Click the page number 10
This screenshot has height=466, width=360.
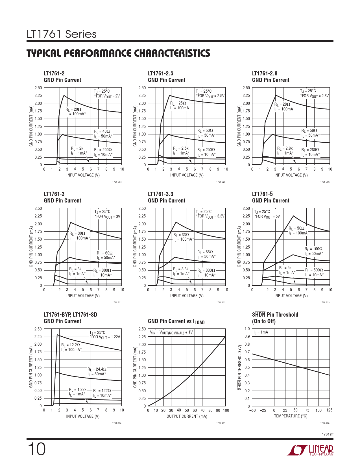click(36, 449)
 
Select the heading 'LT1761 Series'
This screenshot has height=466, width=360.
click(62, 34)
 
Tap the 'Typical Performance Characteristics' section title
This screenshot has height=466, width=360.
click(118, 53)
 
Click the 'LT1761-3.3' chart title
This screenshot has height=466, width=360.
click(160, 194)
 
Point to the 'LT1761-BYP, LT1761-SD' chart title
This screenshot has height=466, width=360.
click(70, 315)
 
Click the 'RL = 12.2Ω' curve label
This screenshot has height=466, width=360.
click(71, 345)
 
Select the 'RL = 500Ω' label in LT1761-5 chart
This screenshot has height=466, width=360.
click(314, 270)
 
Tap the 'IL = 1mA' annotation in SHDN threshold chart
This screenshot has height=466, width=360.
click(261, 332)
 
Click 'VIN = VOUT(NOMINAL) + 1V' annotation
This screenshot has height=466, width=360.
click(171, 332)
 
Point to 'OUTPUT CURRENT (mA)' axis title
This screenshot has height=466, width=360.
click(187, 416)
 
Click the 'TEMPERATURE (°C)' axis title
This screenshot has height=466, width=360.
click(291, 416)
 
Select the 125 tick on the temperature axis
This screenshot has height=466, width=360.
click(329, 410)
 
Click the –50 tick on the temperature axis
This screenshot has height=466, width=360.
click(252, 410)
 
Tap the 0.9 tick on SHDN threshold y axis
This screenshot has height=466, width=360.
click(247, 336)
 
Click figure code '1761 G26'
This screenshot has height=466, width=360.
click(325, 423)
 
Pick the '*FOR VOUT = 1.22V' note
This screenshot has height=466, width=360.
click(105, 337)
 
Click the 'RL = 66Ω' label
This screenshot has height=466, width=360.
click(205, 252)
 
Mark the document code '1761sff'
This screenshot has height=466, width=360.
click(328, 434)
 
